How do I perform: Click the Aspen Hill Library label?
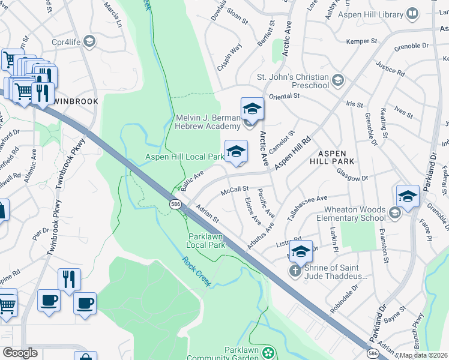click(x=372, y=14)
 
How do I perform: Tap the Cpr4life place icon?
click(x=89, y=41)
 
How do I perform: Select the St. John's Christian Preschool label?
click(x=293, y=81)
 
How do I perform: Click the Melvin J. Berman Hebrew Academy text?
click(x=208, y=122)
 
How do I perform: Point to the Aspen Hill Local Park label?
click(x=184, y=157)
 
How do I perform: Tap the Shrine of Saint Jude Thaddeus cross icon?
click(x=295, y=271)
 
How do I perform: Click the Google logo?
click(x=20, y=353)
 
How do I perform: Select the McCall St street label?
click(x=235, y=190)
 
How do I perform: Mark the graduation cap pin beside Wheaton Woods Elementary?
click(x=408, y=196)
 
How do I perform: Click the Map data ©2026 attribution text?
click(x=424, y=355)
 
